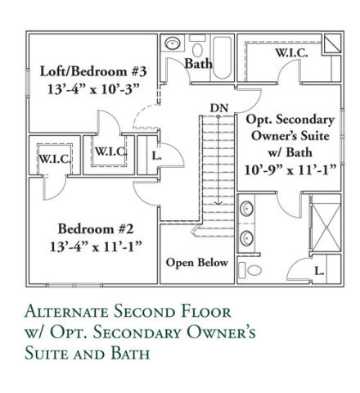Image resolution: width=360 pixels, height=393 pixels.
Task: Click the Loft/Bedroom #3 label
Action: [93, 71]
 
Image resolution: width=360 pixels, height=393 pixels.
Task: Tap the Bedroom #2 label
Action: [96, 228]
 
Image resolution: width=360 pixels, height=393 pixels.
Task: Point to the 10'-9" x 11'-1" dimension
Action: [290, 170]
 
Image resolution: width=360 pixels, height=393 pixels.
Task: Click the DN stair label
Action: [219, 108]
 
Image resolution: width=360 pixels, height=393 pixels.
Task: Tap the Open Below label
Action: [197, 263]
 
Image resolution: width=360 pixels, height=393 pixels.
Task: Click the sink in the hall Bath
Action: [173, 43]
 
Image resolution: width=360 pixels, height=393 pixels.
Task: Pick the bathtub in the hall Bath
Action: [222, 57]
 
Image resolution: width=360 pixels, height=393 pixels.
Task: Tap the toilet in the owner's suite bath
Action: [250, 270]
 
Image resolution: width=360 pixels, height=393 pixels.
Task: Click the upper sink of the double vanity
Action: [247, 209]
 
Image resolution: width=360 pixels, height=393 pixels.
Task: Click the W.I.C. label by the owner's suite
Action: [291, 53]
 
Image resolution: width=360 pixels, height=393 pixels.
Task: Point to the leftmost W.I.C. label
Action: [55, 159]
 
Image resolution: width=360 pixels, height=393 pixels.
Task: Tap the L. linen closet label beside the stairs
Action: [157, 156]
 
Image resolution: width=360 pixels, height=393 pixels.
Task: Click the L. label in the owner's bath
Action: [320, 271]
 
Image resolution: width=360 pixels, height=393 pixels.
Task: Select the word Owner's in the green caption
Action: [219, 332]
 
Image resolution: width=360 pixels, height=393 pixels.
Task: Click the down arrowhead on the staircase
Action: [218, 202]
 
